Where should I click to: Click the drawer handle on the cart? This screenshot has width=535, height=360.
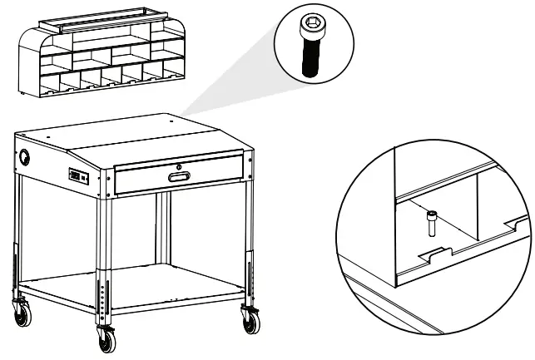(178, 175)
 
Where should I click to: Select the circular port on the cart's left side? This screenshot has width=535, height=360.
(26, 157)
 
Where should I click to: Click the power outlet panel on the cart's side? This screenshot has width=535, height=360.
(79, 175)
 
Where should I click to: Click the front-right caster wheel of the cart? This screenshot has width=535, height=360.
(249, 318)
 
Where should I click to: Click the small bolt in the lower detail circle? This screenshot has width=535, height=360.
(432, 223)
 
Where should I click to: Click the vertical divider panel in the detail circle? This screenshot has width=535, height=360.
(478, 200)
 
